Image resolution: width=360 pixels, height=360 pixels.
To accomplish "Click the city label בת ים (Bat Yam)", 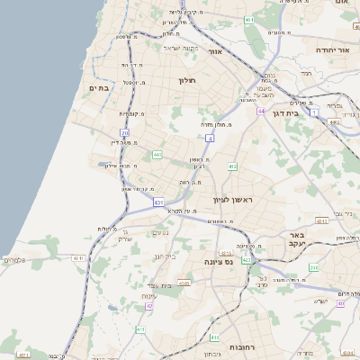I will click(x=98, y=87).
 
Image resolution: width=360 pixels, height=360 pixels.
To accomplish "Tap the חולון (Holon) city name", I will click(x=187, y=81).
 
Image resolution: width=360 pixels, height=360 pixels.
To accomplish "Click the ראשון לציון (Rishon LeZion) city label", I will click(x=234, y=200).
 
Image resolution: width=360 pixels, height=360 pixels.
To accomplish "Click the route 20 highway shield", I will click(x=125, y=132).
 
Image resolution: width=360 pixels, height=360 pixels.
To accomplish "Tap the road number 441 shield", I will click(x=157, y=155).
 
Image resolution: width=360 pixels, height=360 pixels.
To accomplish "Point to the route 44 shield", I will click(x=259, y=112).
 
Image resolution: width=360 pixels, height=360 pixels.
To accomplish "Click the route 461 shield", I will click(x=248, y=20).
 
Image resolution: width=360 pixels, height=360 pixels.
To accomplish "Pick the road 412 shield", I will click(x=232, y=166).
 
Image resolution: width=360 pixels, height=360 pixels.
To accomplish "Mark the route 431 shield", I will click(x=159, y=202).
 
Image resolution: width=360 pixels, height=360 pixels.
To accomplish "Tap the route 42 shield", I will click(x=149, y=307).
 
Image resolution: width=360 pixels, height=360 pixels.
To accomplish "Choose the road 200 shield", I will click(x=310, y=267).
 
